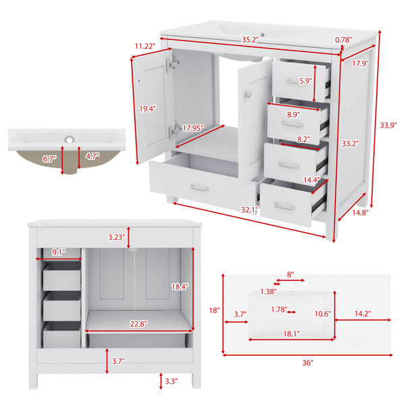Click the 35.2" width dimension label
tap(250, 40)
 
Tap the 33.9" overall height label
tap(388, 126)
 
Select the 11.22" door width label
tap(145, 46)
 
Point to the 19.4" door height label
tap(148, 109)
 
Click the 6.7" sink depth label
tap(49, 159)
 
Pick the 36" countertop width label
tap(308, 362)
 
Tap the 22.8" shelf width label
tap(138, 324)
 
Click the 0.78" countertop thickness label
tap(344, 40)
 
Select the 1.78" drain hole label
tap(279, 309)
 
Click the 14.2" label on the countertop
tap(362, 314)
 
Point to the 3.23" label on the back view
tap(117, 237)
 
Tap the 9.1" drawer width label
tap(59, 252)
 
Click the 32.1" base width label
tap(250, 210)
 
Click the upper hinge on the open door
tap(173, 64)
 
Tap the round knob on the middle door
tap(247, 94)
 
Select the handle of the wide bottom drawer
tap(199, 188)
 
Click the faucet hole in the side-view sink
tap(70, 140)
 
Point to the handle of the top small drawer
tap(293, 82)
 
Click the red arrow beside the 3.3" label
tap(161, 381)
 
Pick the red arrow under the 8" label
tap(290, 280)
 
